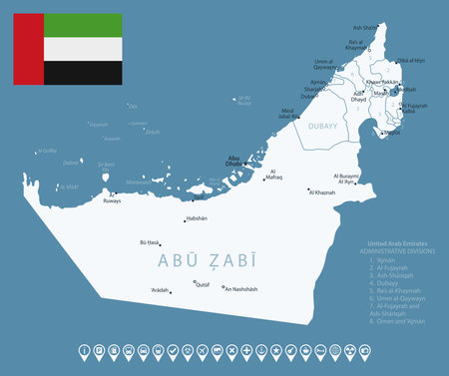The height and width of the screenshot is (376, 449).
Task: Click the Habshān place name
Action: (x=195, y=218)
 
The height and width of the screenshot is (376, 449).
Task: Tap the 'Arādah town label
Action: (x=160, y=289)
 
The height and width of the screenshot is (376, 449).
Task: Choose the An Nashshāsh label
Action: (x=240, y=289)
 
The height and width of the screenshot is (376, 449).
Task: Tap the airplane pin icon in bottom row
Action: (x=203, y=351)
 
